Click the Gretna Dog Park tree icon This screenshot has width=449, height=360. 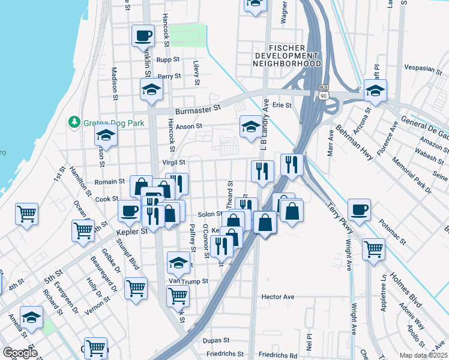point(74,122)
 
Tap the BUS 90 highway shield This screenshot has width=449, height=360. point(325,92)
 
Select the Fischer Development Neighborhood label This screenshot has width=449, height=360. point(286,55)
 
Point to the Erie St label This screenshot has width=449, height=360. point(282,105)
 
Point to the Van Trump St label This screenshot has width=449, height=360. point(188,281)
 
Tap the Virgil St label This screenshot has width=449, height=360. point(173,162)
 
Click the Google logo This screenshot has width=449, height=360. point(19,353)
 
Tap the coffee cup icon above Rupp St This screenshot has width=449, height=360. point(143,36)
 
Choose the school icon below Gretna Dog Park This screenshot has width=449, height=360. point(106,136)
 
